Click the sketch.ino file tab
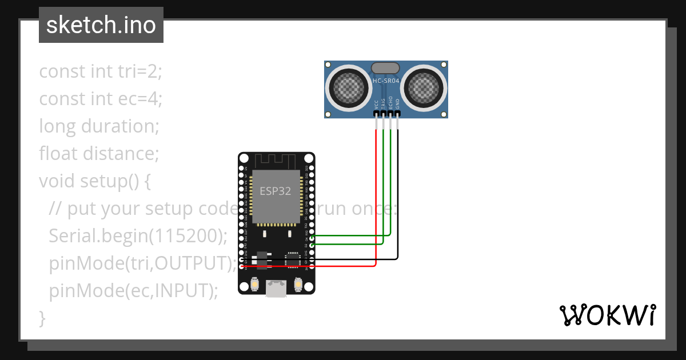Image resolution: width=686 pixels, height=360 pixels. pyautogui.click(x=101, y=25)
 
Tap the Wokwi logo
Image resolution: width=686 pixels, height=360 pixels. pyautogui.click(x=607, y=315)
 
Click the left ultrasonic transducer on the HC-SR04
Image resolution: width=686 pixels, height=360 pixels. pyautogui.click(x=347, y=87)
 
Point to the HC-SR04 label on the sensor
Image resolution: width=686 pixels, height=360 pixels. pyautogui.click(x=386, y=81)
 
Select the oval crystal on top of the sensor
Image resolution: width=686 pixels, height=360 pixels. pyautogui.click(x=386, y=68)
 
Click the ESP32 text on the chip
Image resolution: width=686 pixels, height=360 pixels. pyautogui.click(x=276, y=191)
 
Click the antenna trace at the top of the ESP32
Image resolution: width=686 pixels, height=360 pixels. pyautogui.click(x=276, y=160)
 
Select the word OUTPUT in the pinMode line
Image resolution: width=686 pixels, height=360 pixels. pyautogui.click(x=193, y=263)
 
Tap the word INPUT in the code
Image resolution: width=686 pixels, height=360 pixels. pyautogui.click(x=182, y=291)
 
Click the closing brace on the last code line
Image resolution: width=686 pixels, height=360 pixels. pyautogui.click(x=42, y=318)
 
